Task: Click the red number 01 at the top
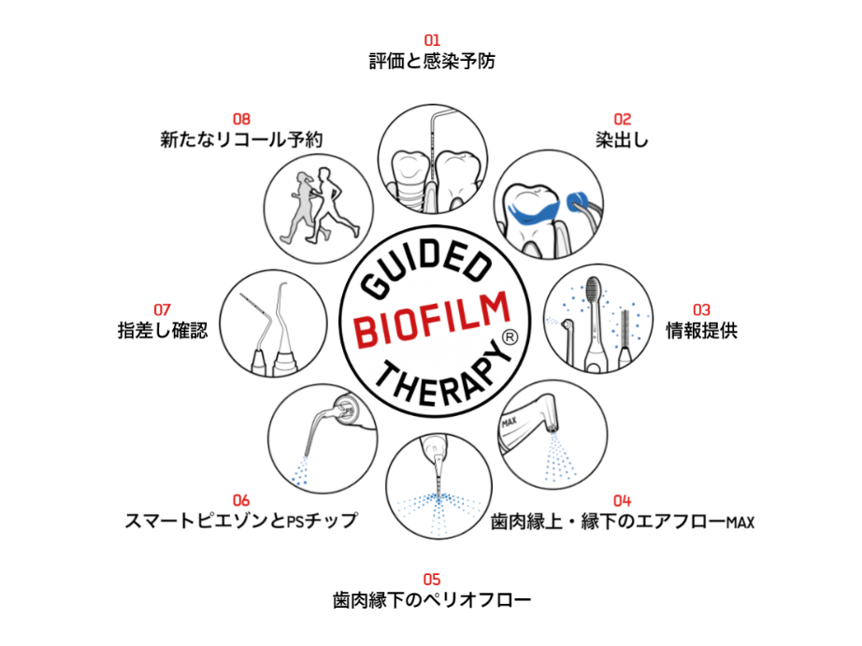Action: pyautogui.click(x=432, y=40)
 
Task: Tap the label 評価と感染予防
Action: pyautogui.click(x=432, y=62)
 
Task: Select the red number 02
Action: pyautogui.click(x=622, y=119)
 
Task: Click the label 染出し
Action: pyautogui.click(x=622, y=140)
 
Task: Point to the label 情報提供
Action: pyautogui.click(x=701, y=331)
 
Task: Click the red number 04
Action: pyautogui.click(x=622, y=500)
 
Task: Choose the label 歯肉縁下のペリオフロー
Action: pyautogui.click(x=432, y=599)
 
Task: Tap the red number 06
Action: pyautogui.click(x=241, y=500)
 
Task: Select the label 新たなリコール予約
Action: pyautogui.click(x=241, y=140)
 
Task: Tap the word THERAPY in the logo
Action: pyautogui.click(x=439, y=379)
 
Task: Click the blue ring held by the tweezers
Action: pyautogui.click(x=577, y=199)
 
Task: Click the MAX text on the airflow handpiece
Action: pyautogui.click(x=510, y=421)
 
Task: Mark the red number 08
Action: pyautogui.click(x=241, y=119)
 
